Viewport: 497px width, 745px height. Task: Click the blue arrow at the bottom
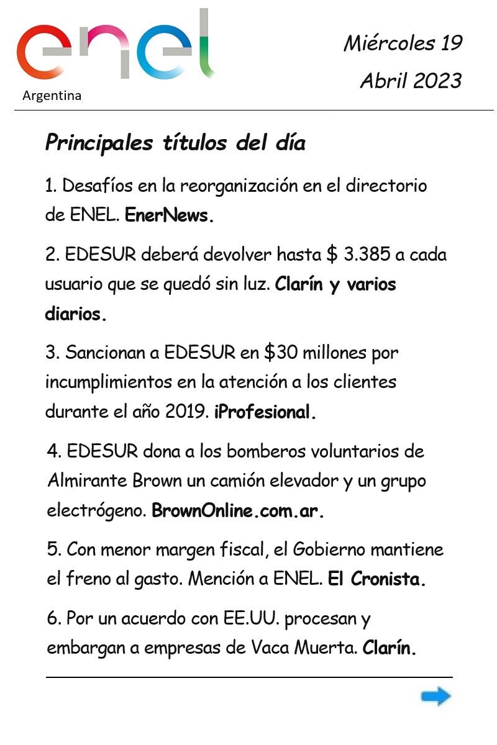point(436,697)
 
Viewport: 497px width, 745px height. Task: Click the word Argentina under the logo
point(52,96)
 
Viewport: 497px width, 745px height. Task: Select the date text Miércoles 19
point(403,43)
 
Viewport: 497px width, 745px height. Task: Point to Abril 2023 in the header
point(411,81)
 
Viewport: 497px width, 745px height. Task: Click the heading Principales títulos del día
point(175,143)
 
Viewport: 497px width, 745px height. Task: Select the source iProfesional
point(265,412)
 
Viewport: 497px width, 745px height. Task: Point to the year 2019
point(186,412)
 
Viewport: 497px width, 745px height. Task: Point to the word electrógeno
point(96,511)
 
